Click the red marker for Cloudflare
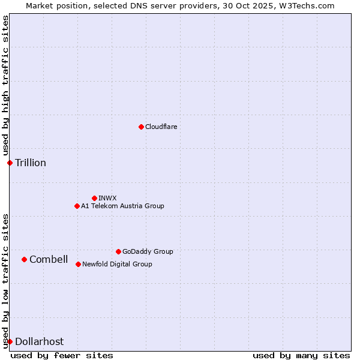click(141, 127)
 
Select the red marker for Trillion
click(10, 163)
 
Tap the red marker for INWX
click(94, 198)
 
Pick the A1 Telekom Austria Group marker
click(77, 206)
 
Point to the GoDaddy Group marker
click(118, 251)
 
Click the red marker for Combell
click(24, 259)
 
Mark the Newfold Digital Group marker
click(78, 264)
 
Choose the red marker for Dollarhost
click(10, 341)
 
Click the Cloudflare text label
click(161, 127)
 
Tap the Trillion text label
click(31, 163)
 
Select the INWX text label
click(107, 198)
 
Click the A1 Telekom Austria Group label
click(122, 206)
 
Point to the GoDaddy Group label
click(148, 251)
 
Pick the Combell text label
click(49, 259)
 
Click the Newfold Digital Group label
click(117, 264)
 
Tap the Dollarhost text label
click(39, 341)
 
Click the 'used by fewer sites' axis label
click(62, 355)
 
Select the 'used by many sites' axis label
click(301, 355)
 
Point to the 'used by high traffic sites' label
click(5, 86)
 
